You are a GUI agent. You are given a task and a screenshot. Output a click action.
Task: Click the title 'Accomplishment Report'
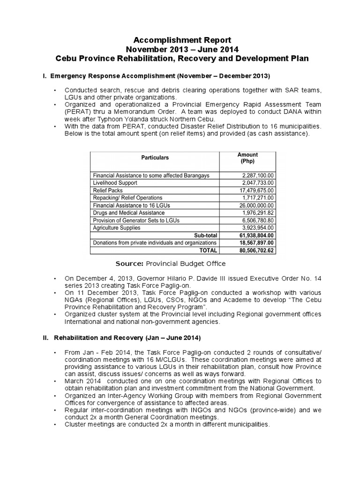pos(180,40)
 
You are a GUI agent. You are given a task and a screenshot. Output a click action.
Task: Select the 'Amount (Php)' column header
pos(247,157)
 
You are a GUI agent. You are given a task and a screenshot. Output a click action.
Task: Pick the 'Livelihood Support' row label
pos(118,183)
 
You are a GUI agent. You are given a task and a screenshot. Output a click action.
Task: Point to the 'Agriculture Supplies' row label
pos(120,228)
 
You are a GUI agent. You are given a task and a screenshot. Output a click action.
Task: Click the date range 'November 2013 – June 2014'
pos(180,50)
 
